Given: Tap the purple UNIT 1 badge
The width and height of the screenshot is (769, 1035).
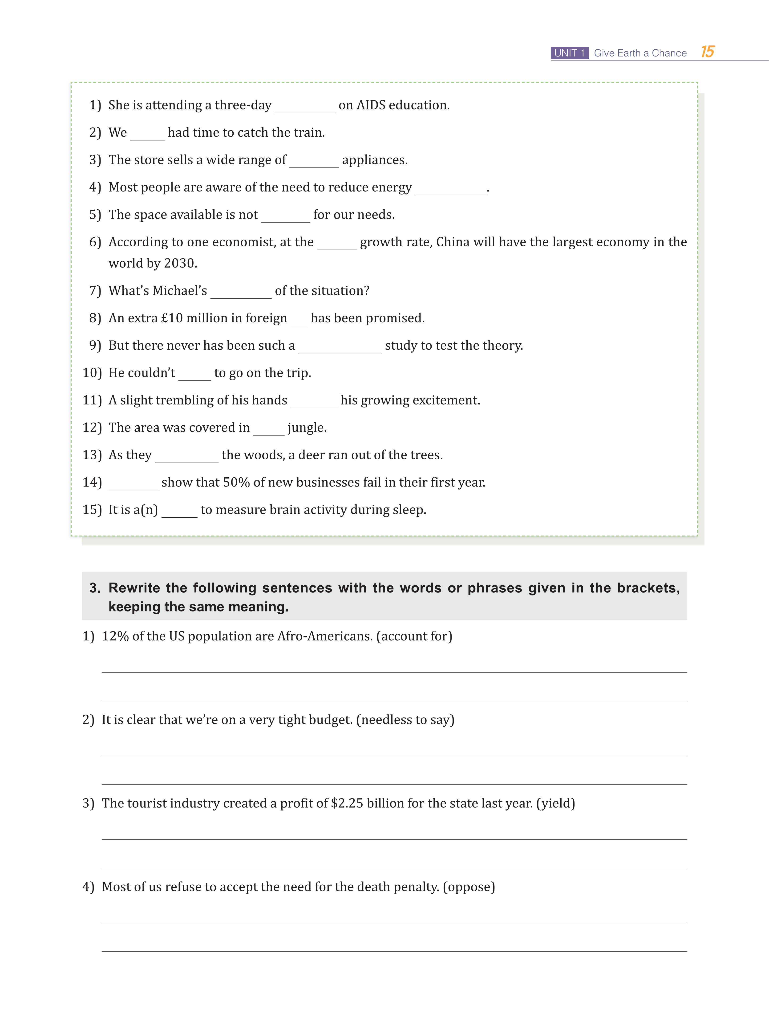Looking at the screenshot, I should (569, 53).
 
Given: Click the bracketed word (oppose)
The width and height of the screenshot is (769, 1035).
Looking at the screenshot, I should (469, 887).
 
